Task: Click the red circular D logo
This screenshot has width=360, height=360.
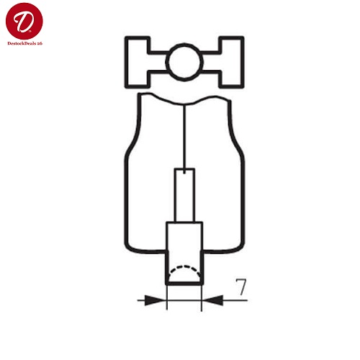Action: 24,21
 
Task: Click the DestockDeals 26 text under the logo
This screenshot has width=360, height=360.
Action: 25,43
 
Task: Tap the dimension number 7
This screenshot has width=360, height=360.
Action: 240,287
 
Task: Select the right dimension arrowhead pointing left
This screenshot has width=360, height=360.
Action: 212,300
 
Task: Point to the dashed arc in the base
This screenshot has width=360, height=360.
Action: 184,266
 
